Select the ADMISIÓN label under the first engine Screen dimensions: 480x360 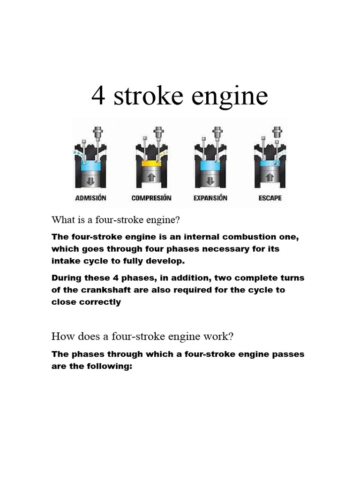click(x=91, y=198)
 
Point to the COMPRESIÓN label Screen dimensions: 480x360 click(x=151, y=198)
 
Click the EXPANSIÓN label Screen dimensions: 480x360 click(x=210, y=198)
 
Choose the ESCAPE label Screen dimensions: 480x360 click(x=270, y=198)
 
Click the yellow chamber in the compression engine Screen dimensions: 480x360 click(x=151, y=165)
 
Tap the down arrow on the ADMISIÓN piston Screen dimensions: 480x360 click(x=91, y=179)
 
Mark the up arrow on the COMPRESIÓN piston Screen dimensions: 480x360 click(x=151, y=179)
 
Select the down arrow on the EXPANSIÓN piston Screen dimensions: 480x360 click(x=210, y=179)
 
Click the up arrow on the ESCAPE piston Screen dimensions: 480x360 click(x=270, y=179)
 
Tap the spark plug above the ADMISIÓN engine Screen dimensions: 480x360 click(x=98, y=133)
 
